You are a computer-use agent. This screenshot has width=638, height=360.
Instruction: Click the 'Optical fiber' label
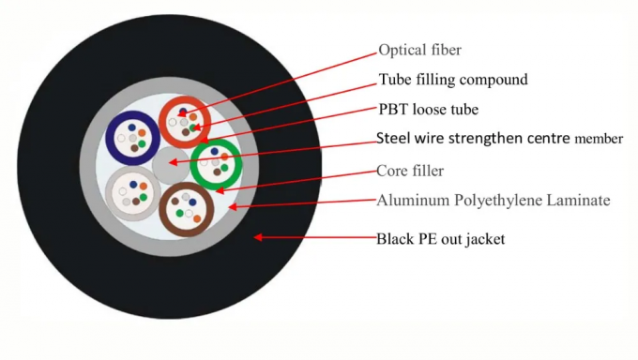point(419,50)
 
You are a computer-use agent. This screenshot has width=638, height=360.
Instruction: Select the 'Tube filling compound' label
point(453,80)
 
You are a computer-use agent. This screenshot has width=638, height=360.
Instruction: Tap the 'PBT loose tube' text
point(428,110)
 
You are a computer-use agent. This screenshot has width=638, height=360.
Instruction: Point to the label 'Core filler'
point(410,171)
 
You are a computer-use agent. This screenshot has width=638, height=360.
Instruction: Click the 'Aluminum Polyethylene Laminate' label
point(494,200)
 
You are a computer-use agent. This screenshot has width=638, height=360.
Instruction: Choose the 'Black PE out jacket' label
point(440,239)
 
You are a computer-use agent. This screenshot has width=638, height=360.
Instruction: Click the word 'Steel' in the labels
point(392,139)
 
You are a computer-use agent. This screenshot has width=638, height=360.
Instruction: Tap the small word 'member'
point(600,140)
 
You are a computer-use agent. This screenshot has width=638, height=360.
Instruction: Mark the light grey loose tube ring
point(110,190)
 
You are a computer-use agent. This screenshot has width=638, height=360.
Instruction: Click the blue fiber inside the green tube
point(215,151)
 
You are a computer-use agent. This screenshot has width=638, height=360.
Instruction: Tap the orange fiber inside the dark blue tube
point(142,133)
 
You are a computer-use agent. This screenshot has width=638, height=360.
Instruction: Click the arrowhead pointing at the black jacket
point(257,237)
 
